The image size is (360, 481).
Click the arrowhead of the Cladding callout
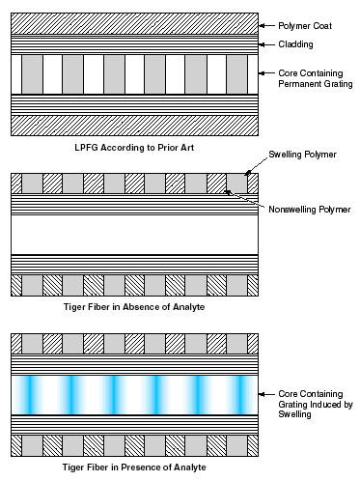pyautogui.click(x=263, y=43)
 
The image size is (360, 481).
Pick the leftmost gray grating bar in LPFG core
pyautogui.click(x=31, y=73)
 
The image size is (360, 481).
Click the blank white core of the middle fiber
pyautogui.click(x=134, y=235)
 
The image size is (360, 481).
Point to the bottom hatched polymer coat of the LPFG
pyautogui.click(x=134, y=125)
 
